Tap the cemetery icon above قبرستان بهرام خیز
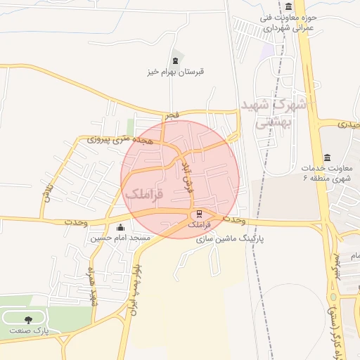tap(175, 61)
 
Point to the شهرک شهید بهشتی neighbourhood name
tap(272, 112)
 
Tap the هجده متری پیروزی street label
tap(114, 140)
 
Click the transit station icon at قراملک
tap(199, 214)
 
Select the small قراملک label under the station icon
tap(199, 224)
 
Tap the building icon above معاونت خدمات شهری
tap(327, 157)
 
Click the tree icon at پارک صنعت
tap(28, 319)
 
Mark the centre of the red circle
tap(181, 179)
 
